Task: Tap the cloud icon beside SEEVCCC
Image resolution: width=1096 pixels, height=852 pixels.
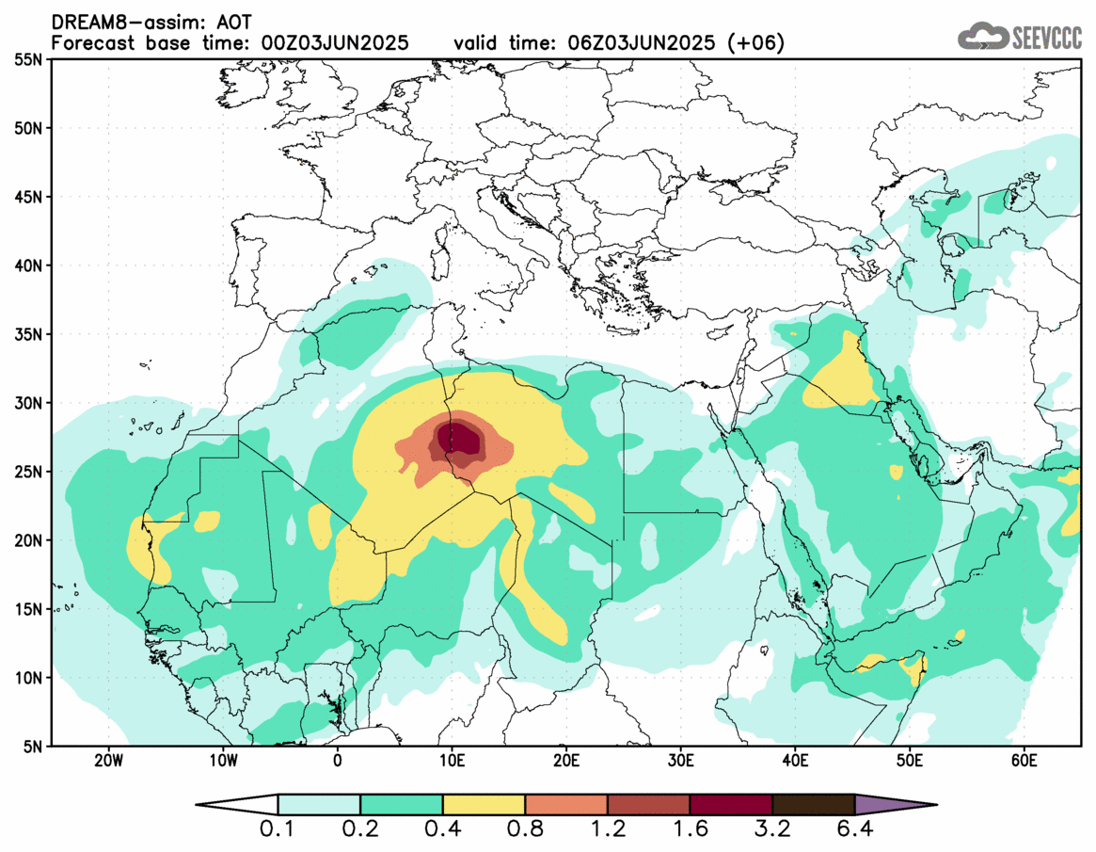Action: tap(980, 37)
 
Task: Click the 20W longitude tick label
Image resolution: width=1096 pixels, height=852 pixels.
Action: tap(109, 761)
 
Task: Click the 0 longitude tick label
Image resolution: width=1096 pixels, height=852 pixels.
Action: tap(338, 761)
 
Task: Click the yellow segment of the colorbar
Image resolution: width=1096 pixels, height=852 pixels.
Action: tap(484, 805)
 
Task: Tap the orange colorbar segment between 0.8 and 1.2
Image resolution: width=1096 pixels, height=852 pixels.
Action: tap(566, 805)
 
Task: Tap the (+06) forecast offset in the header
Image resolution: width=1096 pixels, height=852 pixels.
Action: tap(761, 43)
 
